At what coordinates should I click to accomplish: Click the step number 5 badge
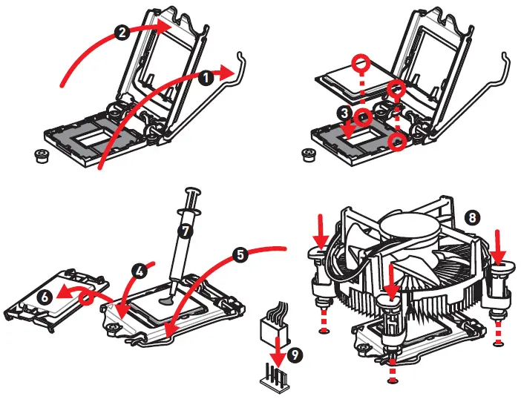click(240, 254)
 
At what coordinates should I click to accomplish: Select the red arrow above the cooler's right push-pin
click(498, 241)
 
